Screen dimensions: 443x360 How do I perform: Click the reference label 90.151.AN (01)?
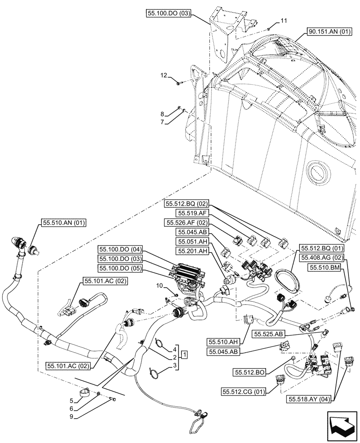pyautogui.click(x=329, y=31)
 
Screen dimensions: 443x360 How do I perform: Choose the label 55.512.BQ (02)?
pyautogui.click(x=185, y=204)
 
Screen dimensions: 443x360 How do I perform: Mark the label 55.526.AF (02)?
pyautogui.click(x=185, y=222)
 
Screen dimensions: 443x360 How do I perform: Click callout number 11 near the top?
pyautogui.click(x=284, y=21)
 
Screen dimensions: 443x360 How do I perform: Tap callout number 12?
pyautogui.click(x=165, y=76)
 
